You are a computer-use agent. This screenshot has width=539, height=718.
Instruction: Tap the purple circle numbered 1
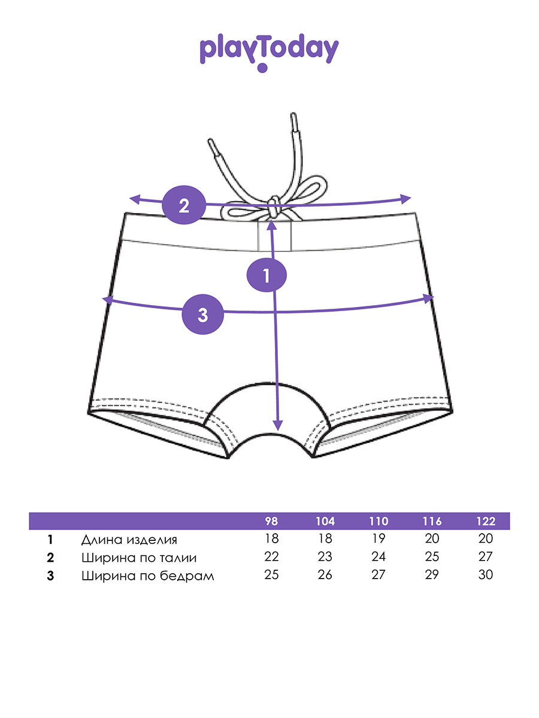267,276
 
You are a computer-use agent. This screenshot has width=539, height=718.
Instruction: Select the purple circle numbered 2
183,206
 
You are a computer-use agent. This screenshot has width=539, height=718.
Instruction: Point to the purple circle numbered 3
202,314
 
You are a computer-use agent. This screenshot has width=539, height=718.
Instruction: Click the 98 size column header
271,521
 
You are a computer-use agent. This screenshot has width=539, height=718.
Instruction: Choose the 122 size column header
486,521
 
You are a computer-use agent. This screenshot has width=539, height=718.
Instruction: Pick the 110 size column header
378,521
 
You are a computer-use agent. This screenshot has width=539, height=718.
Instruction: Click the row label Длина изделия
129,540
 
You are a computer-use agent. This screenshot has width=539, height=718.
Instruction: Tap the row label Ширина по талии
139,558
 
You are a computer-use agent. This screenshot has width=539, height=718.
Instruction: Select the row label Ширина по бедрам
147,576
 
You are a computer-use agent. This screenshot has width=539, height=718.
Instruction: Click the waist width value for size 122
486,557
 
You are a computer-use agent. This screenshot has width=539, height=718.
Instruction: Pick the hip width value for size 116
432,576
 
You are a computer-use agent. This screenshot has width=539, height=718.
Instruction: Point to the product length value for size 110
378,539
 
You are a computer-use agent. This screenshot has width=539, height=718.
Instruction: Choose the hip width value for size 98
271,576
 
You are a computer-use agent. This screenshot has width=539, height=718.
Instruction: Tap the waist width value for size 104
325,557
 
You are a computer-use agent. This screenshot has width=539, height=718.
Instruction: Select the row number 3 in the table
50,576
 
